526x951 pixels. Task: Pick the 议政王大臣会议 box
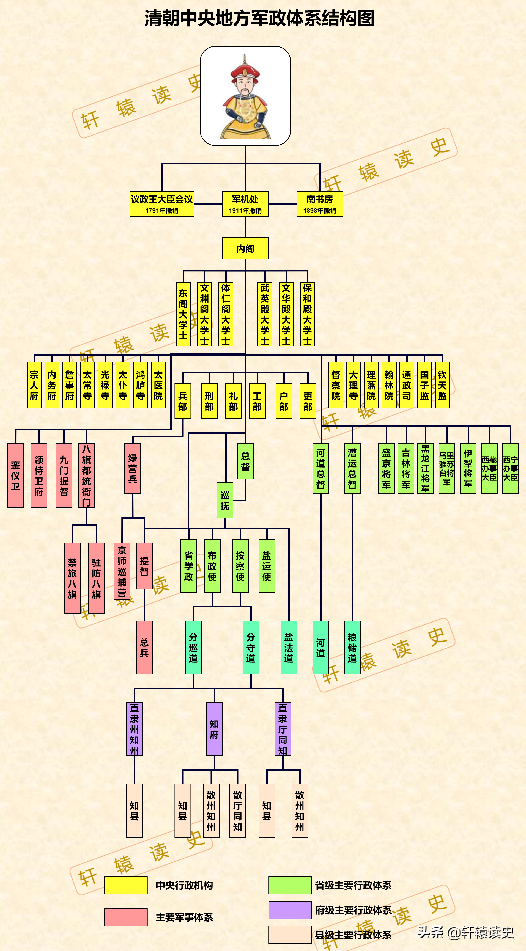click(162, 204)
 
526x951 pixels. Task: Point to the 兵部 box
click(183, 401)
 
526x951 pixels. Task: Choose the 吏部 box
click(308, 401)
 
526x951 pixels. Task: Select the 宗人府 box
click(34, 385)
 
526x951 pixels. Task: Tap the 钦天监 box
click(442, 385)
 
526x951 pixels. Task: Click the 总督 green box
click(245, 461)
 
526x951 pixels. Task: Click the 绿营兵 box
click(133, 468)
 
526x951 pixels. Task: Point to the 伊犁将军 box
click(468, 468)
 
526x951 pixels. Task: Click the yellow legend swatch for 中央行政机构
click(126, 885)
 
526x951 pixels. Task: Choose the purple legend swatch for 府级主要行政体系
click(290, 910)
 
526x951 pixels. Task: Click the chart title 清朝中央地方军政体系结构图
click(259, 18)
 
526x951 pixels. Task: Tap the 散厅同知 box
click(237, 810)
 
